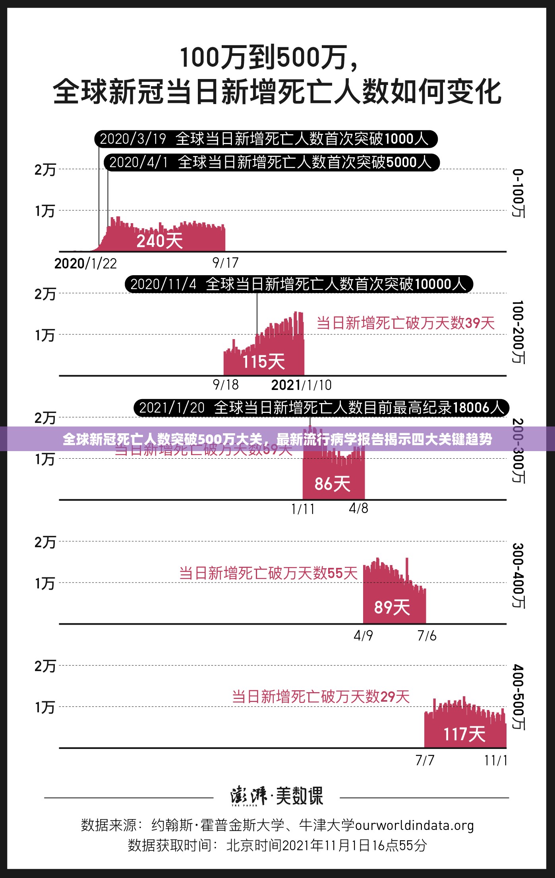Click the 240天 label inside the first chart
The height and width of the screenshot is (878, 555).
tap(159, 241)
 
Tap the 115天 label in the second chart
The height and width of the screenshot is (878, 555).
tap(263, 362)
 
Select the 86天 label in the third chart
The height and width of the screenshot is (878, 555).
tap(332, 484)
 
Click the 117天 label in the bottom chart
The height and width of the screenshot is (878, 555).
tap(464, 734)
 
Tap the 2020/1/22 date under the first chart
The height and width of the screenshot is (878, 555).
tap(85, 264)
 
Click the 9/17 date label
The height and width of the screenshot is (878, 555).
tap(225, 262)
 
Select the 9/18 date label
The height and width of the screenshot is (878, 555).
tap(226, 384)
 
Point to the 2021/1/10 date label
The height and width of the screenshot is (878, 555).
tap(301, 385)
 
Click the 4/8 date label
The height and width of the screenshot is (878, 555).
tap(358, 508)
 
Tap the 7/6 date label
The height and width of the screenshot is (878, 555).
tap(427, 636)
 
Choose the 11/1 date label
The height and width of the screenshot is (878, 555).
tap(495, 760)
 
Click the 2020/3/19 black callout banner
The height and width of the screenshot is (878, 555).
tap(265, 139)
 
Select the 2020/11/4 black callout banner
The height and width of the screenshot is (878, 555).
tap(298, 284)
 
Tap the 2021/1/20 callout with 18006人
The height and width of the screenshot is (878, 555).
tap(321, 408)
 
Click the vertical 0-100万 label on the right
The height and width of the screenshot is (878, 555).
tap(518, 193)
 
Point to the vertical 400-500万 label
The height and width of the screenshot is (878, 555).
tap(518, 697)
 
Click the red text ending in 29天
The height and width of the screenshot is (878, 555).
tap(321, 697)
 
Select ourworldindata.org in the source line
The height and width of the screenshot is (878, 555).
tap(414, 825)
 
